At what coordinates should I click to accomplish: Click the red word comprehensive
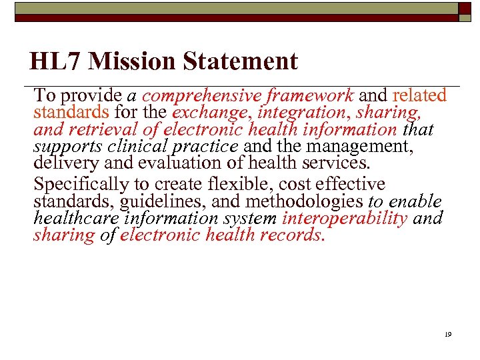200,97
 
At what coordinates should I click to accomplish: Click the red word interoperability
345,218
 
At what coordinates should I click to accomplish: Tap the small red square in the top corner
465,8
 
